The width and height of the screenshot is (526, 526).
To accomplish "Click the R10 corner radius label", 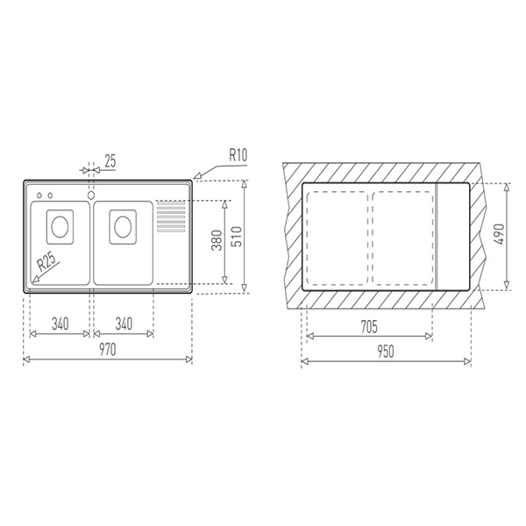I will tap(238, 155).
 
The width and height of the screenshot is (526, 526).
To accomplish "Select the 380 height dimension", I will tap(216, 242).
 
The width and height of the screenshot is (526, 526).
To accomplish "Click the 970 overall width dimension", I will tap(107, 349).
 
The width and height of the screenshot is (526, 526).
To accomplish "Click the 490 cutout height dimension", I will tap(499, 236).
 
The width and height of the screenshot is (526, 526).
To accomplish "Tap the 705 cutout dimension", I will tap(368, 327).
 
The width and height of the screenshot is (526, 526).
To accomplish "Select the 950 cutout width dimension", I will tap(387, 351).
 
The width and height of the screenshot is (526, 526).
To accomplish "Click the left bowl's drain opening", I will tap(59, 226).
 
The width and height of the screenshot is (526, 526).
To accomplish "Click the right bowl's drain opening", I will tap(123, 226).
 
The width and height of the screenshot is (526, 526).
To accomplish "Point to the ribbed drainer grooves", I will tap(170, 217).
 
